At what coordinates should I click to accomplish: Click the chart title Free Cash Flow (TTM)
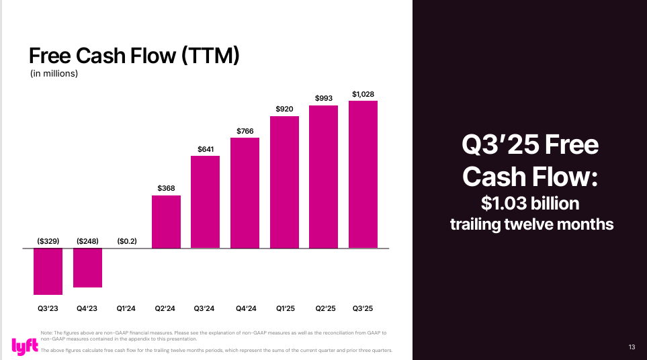(x=134, y=56)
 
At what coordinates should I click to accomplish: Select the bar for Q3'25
(x=363, y=175)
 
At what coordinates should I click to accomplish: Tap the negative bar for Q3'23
(x=48, y=271)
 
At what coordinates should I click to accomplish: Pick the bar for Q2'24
(x=166, y=222)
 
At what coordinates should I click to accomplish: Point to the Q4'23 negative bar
(x=87, y=268)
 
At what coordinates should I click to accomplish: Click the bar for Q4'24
(x=245, y=193)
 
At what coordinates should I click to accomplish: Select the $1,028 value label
(x=363, y=93)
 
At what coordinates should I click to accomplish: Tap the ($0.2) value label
(x=126, y=240)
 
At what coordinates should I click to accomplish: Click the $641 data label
(x=206, y=148)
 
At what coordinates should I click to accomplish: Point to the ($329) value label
(x=48, y=240)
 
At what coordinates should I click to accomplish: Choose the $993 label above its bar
(x=324, y=98)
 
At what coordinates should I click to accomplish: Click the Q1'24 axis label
(x=126, y=308)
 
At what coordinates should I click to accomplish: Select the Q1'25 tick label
(x=284, y=308)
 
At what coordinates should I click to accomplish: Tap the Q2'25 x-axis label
(x=324, y=308)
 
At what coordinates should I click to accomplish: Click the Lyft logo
(x=22, y=345)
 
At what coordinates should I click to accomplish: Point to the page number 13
(x=632, y=347)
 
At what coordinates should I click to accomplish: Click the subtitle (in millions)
(x=54, y=74)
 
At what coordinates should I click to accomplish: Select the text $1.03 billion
(x=531, y=203)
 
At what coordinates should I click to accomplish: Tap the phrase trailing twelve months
(x=531, y=224)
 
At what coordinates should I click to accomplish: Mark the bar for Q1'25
(x=284, y=182)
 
